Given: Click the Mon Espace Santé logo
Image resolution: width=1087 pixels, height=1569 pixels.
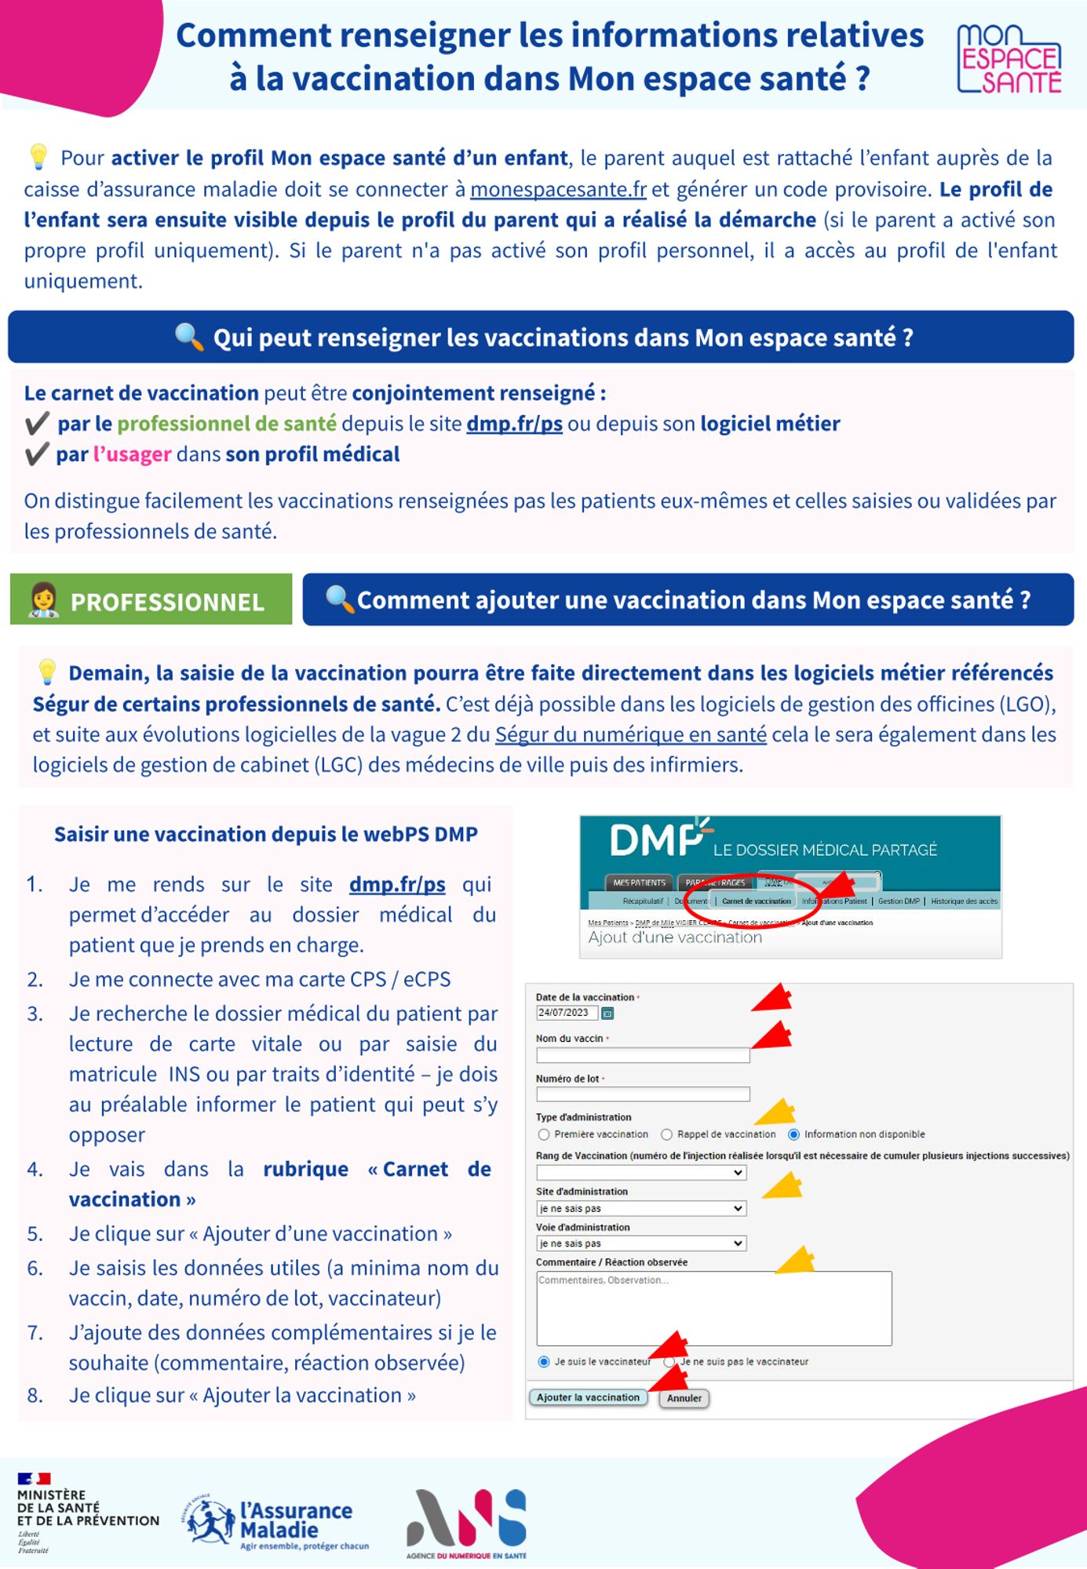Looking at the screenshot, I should tap(1009, 59).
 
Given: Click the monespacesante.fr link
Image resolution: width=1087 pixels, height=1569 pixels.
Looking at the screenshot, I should tap(558, 189).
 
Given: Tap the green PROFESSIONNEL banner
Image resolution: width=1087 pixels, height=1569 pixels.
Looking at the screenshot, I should tap(151, 600).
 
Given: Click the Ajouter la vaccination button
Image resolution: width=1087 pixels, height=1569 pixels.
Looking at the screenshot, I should tap(588, 1397).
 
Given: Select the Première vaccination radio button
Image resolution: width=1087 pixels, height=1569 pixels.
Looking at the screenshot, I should tap(544, 1134).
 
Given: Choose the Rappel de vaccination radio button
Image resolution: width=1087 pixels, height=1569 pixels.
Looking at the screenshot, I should tap(667, 1134).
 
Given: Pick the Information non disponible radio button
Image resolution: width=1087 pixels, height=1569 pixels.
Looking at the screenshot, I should tap(793, 1134).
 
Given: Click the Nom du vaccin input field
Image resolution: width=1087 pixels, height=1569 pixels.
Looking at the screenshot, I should tap(642, 1056).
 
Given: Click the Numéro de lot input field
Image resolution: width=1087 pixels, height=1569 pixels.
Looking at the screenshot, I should tap(642, 1094).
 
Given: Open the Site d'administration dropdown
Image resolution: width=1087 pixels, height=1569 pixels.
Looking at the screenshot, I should tap(641, 1209).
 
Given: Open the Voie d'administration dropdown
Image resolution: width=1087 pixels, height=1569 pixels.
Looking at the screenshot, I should tap(641, 1243).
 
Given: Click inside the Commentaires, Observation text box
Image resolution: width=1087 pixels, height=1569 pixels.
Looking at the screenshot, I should tap(713, 1309).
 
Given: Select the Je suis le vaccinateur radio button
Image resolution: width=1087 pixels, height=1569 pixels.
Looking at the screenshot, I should tap(544, 1362).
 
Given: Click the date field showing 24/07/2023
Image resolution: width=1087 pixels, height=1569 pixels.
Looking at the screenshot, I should tap(566, 1013).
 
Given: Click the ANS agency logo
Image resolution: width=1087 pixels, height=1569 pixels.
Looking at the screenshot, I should tap(466, 1523).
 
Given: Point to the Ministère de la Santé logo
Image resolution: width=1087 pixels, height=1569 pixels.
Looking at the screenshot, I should tap(86, 1512).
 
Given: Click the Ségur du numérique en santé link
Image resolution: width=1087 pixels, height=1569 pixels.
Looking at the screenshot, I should tap(630, 735).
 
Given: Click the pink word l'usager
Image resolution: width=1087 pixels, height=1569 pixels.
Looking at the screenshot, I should tap(132, 454).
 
